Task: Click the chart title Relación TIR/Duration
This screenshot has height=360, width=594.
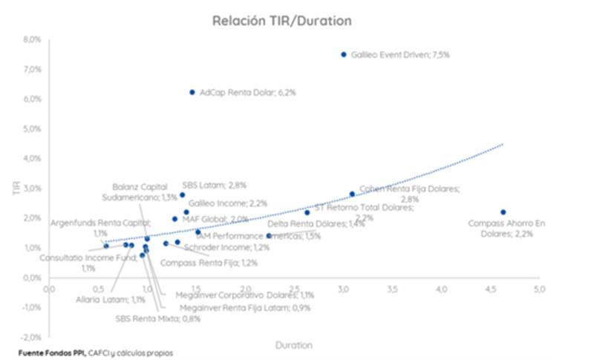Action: (x=281, y=20)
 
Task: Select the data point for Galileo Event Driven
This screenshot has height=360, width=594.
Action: (x=344, y=54)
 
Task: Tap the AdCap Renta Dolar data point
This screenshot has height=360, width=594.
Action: (x=192, y=92)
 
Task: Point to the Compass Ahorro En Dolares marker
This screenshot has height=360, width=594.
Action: (x=503, y=212)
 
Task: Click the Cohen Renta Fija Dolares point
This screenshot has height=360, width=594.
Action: (x=353, y=194)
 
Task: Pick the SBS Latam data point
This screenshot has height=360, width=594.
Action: (x=182, y=195)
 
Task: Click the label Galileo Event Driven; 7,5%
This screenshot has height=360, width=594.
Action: (x=401, y=54)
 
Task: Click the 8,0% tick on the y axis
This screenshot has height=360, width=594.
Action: (x=31, y=39)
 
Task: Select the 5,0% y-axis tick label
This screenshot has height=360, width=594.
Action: (x=31, y=128)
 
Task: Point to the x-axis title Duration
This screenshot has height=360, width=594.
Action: (x=294, y=345)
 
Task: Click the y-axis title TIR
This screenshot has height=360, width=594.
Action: (x=16, y=189)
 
